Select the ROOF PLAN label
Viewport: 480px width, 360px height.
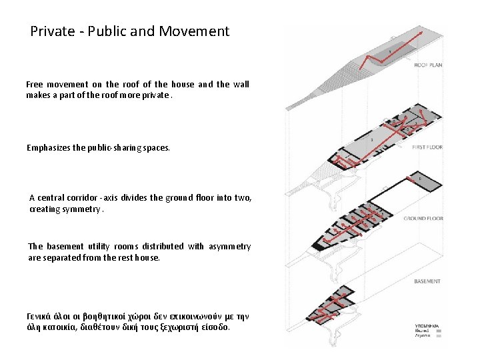point(428,65)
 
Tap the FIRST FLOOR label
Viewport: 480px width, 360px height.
point(427,147)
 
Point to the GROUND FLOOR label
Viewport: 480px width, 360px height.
point(423,218)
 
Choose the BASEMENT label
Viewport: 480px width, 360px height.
point(427,281)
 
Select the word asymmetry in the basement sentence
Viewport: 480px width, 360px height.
point(229,247)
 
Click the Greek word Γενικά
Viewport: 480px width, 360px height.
point(39,315)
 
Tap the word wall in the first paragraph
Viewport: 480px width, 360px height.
point(241,85)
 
